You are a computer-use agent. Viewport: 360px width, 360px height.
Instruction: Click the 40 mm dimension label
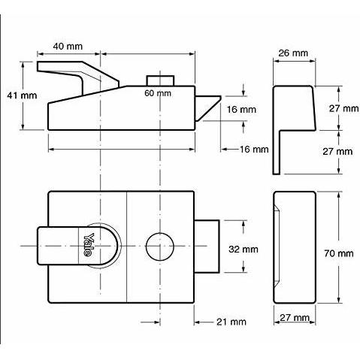click(x=68, y=47)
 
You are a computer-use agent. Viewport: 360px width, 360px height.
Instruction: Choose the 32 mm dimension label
click(x=244, y=247)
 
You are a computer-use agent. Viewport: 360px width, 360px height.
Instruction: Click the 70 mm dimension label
click(x=339, y=253)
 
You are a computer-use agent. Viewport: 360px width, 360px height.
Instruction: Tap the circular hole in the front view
click(x=159, y=247)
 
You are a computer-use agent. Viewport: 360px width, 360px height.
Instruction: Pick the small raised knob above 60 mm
click(x=160, y=81)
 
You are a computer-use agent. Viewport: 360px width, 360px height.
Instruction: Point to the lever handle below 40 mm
click(x=71, y=75)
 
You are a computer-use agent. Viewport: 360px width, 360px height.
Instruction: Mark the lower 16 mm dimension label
click(x=254, y=150)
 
